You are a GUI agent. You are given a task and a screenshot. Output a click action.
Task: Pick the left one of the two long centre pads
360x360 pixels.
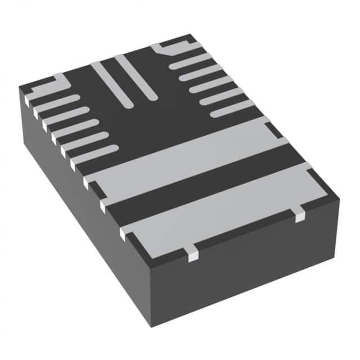tap(112, 84)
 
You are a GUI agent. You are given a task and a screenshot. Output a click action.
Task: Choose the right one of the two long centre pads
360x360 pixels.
tap(135, 76)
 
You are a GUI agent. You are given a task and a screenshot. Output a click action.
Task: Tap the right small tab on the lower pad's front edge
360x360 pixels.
tap(299, 213)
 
